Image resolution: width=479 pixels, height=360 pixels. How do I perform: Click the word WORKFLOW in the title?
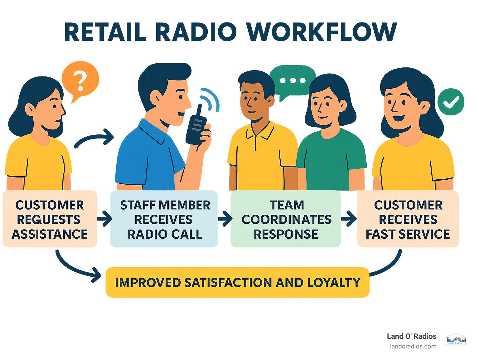point(321,32)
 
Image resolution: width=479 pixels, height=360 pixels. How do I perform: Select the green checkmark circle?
point(451,102)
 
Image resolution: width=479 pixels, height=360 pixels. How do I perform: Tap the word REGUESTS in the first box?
point(49,220)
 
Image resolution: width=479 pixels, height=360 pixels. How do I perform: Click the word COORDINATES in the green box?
point(286,220)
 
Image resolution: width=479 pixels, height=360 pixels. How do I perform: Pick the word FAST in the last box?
point(380,234)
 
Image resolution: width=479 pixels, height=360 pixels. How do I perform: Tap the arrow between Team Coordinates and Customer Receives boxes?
point(349,218)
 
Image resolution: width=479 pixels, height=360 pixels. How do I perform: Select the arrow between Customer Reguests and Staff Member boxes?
point(104,218)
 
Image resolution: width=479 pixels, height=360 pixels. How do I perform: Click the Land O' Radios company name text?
point(411,336)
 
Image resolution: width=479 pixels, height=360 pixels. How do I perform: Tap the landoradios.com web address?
point(413,346)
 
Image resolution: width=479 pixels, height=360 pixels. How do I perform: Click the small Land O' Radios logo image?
point(457,340)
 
